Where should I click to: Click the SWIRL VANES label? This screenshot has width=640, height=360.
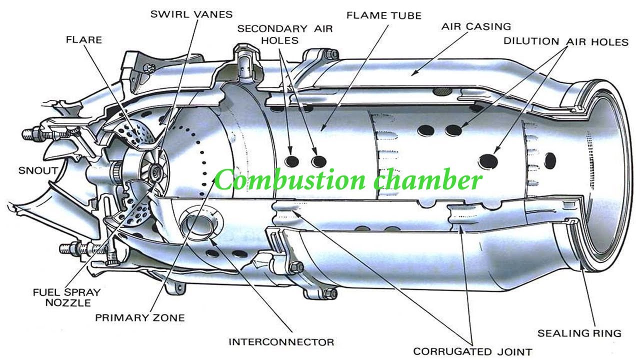click(x=191, y=13)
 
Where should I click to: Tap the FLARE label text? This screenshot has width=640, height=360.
click(x=83, y=39)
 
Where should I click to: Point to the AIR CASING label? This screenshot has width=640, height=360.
click(x=476, y=26)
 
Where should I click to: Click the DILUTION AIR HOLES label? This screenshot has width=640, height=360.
click(x=565, y=41)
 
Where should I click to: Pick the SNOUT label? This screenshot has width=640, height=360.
click(x=37, y=170)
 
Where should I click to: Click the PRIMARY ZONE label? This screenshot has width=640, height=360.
click(x=140, y=317)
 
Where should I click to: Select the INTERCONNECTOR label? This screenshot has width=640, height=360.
click(x=281, y=342)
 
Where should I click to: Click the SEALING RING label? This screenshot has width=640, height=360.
click(x=579, y=332)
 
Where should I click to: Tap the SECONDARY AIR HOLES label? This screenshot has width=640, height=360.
click(x=284, y=34)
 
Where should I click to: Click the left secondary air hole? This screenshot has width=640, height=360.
click(x=291, y=161)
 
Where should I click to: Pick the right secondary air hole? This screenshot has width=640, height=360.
click(x=318, y=161)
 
